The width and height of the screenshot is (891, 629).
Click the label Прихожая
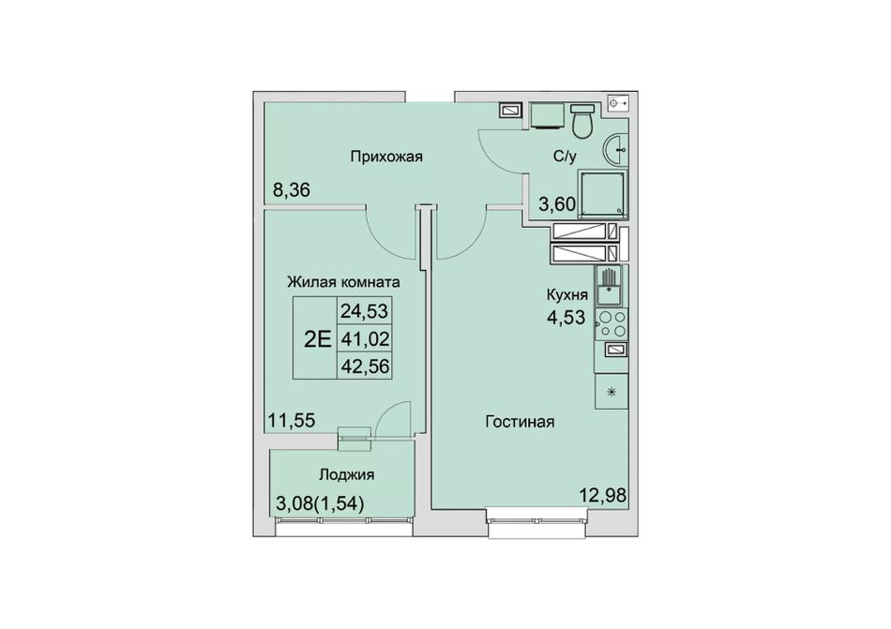(386, 157)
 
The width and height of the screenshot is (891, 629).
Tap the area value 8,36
(292, 189)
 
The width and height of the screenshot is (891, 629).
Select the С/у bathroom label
(565, 157)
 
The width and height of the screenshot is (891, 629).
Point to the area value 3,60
(557, 203)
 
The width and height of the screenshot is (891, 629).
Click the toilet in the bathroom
(581, 120)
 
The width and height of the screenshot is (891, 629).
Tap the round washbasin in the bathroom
(615, 150)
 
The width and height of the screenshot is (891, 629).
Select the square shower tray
(603, 193)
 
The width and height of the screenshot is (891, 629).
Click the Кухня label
(566, 295)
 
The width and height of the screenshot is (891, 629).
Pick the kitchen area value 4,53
(566, 317)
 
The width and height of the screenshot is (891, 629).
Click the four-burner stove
(612, 323)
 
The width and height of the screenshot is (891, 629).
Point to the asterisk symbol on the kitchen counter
(612, 392)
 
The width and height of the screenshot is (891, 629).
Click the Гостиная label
(520, 422)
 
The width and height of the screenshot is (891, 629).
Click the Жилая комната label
(343, 281)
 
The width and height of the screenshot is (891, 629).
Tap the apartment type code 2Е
(317, 339)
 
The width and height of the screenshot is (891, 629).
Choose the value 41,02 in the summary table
(365, 339)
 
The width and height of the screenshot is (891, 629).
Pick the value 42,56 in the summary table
(365, 367)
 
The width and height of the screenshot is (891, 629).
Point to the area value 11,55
(292, 421)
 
